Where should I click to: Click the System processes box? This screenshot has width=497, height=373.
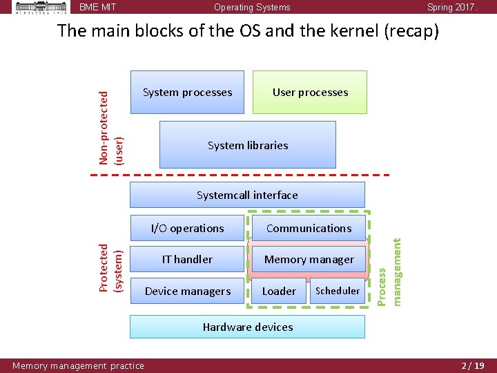pyautogui.click(x=187, y=92)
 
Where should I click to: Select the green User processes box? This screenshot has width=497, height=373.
pyautogui.click(x=310, y=92)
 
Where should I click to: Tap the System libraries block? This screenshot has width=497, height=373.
pyautogui.click(x=247, y=145)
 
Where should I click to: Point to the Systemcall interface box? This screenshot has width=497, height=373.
pyautogui.click(x=247, y=195)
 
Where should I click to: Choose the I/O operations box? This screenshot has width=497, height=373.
pyautogui.click(x=187, y=228)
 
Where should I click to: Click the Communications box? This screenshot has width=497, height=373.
pyautogui.click(x=309, y=228)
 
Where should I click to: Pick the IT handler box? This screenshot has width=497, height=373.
pyautogui.click(x=187, y=259)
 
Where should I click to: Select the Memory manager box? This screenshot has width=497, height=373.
pyautogui.click(x=309, y=259)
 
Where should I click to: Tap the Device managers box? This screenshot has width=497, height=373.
pyautogui.click(x=187, y=291)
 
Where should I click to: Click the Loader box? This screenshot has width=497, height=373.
pyautogui.click(x=279, y=291)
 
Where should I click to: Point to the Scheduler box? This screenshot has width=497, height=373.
pyautogui.click(x=338, y=291)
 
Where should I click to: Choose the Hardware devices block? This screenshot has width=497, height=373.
pyautogui.click(x=247, y=327)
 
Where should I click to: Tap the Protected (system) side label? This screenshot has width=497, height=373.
pyautogui.click(x=110, y=267)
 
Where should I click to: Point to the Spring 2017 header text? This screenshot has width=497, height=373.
pyautogui.click(x=451, y=8)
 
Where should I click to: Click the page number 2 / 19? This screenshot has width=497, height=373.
pyautogui.click(x=473, y=365)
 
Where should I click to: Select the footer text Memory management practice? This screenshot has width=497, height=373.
pyautogui.click(x=78, y=365)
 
